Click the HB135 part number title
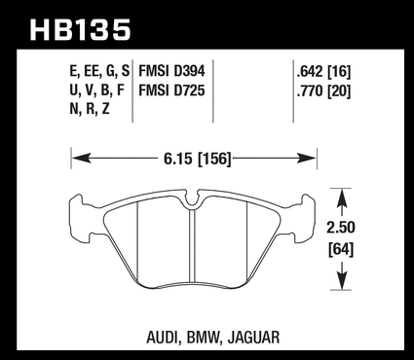click(80, 30)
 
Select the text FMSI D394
click(171, 71)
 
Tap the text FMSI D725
click(171, 90)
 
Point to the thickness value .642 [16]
click(323, 72)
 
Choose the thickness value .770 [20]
click(323, 90)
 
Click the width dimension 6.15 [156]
click(198, 159)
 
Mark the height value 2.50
click(341, 228)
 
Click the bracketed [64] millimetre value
click(341, 250)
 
